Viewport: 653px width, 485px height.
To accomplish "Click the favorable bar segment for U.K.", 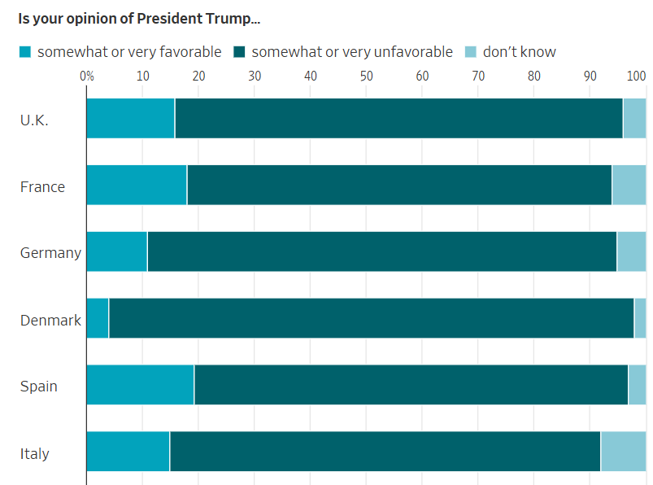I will [x=131, y=119].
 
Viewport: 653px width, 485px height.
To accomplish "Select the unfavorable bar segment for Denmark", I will [x=371, y=318].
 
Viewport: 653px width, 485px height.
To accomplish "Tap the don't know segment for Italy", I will [x=623, y=452].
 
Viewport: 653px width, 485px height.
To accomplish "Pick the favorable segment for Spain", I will [x=140, y=385].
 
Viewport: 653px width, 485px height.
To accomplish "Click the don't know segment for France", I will [x=629, y=185].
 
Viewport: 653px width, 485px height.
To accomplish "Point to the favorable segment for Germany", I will [x=117, y=251].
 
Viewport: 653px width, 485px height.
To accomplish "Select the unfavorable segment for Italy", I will [x=385, y=452].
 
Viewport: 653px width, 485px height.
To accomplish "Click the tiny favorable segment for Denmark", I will [x=98, y=318].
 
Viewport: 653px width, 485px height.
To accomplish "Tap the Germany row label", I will [x=50, y=253].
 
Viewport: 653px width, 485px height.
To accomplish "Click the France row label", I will [x=42, y=187].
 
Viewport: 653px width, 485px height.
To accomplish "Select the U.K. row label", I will [x=34, y=120].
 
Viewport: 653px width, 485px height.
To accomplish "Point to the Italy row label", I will [x=35, y=453].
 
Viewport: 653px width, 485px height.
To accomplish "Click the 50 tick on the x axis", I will [x=366, y=76].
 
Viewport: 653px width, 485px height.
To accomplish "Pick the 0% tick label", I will [x=87, y=76].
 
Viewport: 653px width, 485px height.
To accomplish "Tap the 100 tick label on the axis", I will [x=637, y=76].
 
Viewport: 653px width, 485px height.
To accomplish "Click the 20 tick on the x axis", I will [x=198, y=76].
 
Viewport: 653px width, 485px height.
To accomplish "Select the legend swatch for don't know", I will [x=471, y=52].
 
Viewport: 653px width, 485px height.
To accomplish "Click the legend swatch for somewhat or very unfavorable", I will [x=240, y=52].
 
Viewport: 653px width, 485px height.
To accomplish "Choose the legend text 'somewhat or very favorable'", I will [x=128, y=52].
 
